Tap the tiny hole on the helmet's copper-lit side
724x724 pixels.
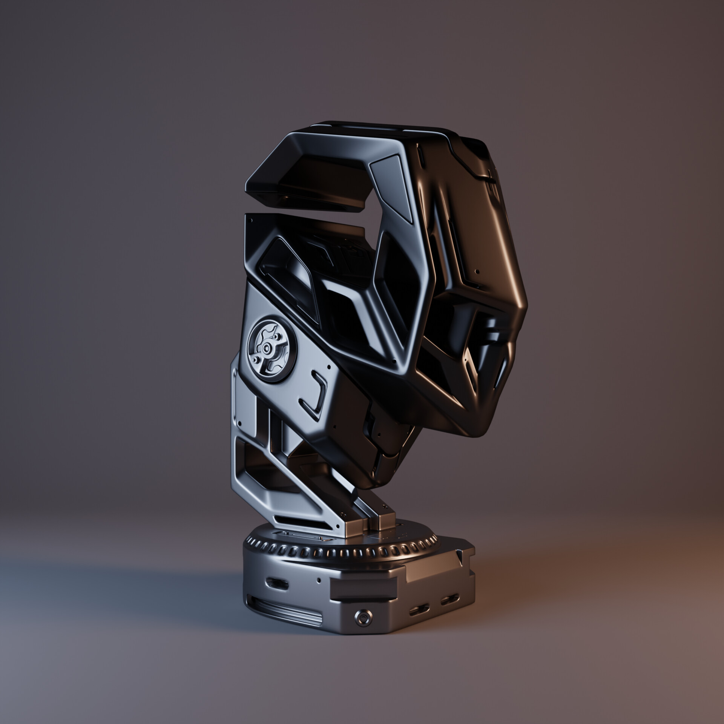click(x=478, y=271)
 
